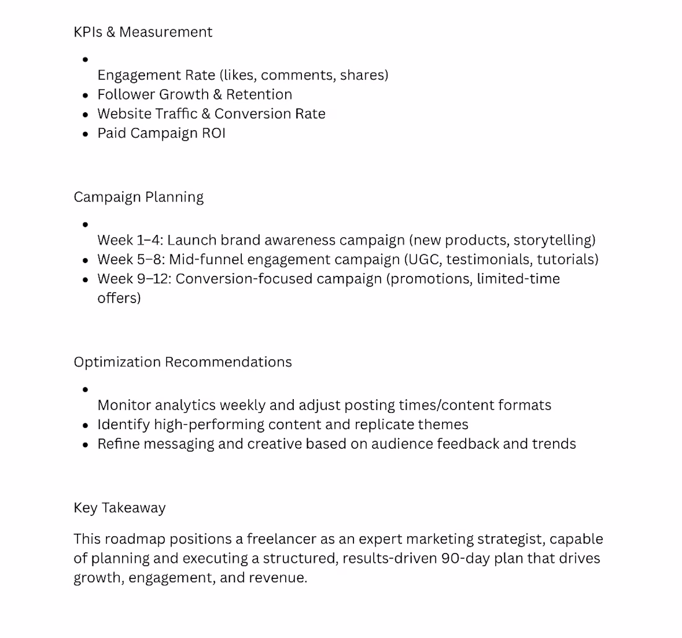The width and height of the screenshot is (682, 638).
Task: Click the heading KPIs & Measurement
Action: (x=143, y=32)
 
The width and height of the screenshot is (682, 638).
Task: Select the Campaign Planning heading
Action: (x=138, y=197)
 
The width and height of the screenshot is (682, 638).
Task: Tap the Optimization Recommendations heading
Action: (x=182, y=362)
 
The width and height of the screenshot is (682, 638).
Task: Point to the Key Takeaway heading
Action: (x=119, y=508)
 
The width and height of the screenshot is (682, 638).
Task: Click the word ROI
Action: (x=213, y=133)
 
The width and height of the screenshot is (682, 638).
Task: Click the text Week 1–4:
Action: (x=130, y=241)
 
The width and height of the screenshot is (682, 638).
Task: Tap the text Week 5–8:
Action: (x=131, y=260)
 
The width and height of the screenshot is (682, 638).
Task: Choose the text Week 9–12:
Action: (x=135, y=279)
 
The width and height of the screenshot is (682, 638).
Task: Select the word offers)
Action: (x=119, y=298)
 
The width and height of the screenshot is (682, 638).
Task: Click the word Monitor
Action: (x=124, y=405)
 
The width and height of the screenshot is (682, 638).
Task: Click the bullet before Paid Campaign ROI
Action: (x=86, y=133)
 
